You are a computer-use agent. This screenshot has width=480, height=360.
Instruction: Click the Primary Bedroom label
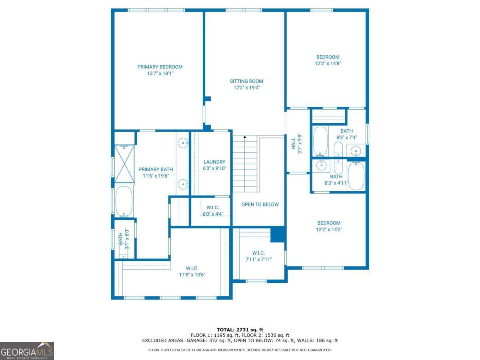click(160, 67)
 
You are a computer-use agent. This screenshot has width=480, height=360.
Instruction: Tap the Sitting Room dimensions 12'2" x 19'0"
click(246, 88)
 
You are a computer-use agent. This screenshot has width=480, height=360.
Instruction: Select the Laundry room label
click(214, 162)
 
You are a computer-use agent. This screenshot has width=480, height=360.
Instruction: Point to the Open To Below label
click(260, 204)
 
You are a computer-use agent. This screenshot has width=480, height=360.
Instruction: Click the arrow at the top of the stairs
click(245, 137)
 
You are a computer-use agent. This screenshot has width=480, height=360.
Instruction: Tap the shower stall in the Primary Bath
click(124, 164)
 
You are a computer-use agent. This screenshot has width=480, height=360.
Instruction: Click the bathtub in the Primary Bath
click(124, 202)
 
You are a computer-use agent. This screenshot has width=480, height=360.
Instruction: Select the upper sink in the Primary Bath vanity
click(183, 143)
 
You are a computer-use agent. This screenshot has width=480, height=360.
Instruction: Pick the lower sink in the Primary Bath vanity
click(183, 184)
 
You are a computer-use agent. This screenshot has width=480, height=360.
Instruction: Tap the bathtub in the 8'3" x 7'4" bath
click(320, 141)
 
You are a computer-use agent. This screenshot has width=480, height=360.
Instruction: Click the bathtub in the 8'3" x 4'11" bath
click(356, 176)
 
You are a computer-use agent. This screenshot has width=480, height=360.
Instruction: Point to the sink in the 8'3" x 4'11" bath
click(321, 166)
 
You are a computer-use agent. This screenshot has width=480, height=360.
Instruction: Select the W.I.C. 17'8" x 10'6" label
click(192, 272)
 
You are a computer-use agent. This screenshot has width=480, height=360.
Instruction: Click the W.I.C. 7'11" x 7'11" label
click(258, 256)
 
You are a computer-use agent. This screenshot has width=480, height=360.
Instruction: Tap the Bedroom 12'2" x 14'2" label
click(329, 226)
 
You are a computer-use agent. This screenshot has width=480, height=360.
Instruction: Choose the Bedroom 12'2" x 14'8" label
click(328, 60)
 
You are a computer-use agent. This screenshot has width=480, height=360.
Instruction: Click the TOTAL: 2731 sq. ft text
click(240, 330)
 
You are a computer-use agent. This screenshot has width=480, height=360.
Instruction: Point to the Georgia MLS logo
click(27, 351)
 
